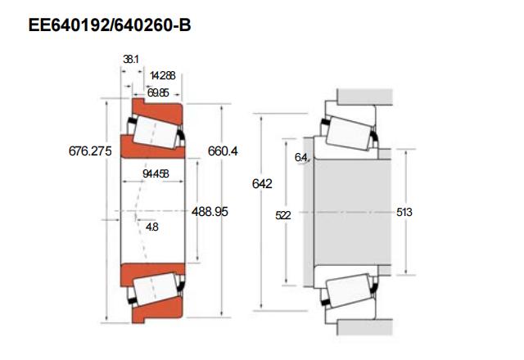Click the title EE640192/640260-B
tap(110, 25)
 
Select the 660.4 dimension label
tap(223, 151)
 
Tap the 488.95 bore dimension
tap(210, 211)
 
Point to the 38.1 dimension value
tap(130, 59)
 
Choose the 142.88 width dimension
tap(163, 75)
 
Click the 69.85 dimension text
tap(158, 93)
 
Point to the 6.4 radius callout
tap(300, 157)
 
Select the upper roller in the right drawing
tap(349, 131)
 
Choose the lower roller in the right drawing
tap(349, 291)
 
